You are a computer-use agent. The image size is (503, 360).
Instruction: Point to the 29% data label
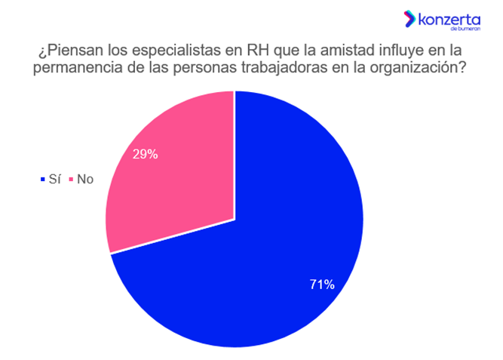[x=145, y=154]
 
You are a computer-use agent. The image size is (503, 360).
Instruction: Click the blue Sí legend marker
[x=41, y=180]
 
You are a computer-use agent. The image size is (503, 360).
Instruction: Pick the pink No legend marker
[x=72, y=180]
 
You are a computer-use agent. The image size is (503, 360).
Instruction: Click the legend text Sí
[x=54, y=180]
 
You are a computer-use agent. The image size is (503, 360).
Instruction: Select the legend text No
[x=85, y=180]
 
